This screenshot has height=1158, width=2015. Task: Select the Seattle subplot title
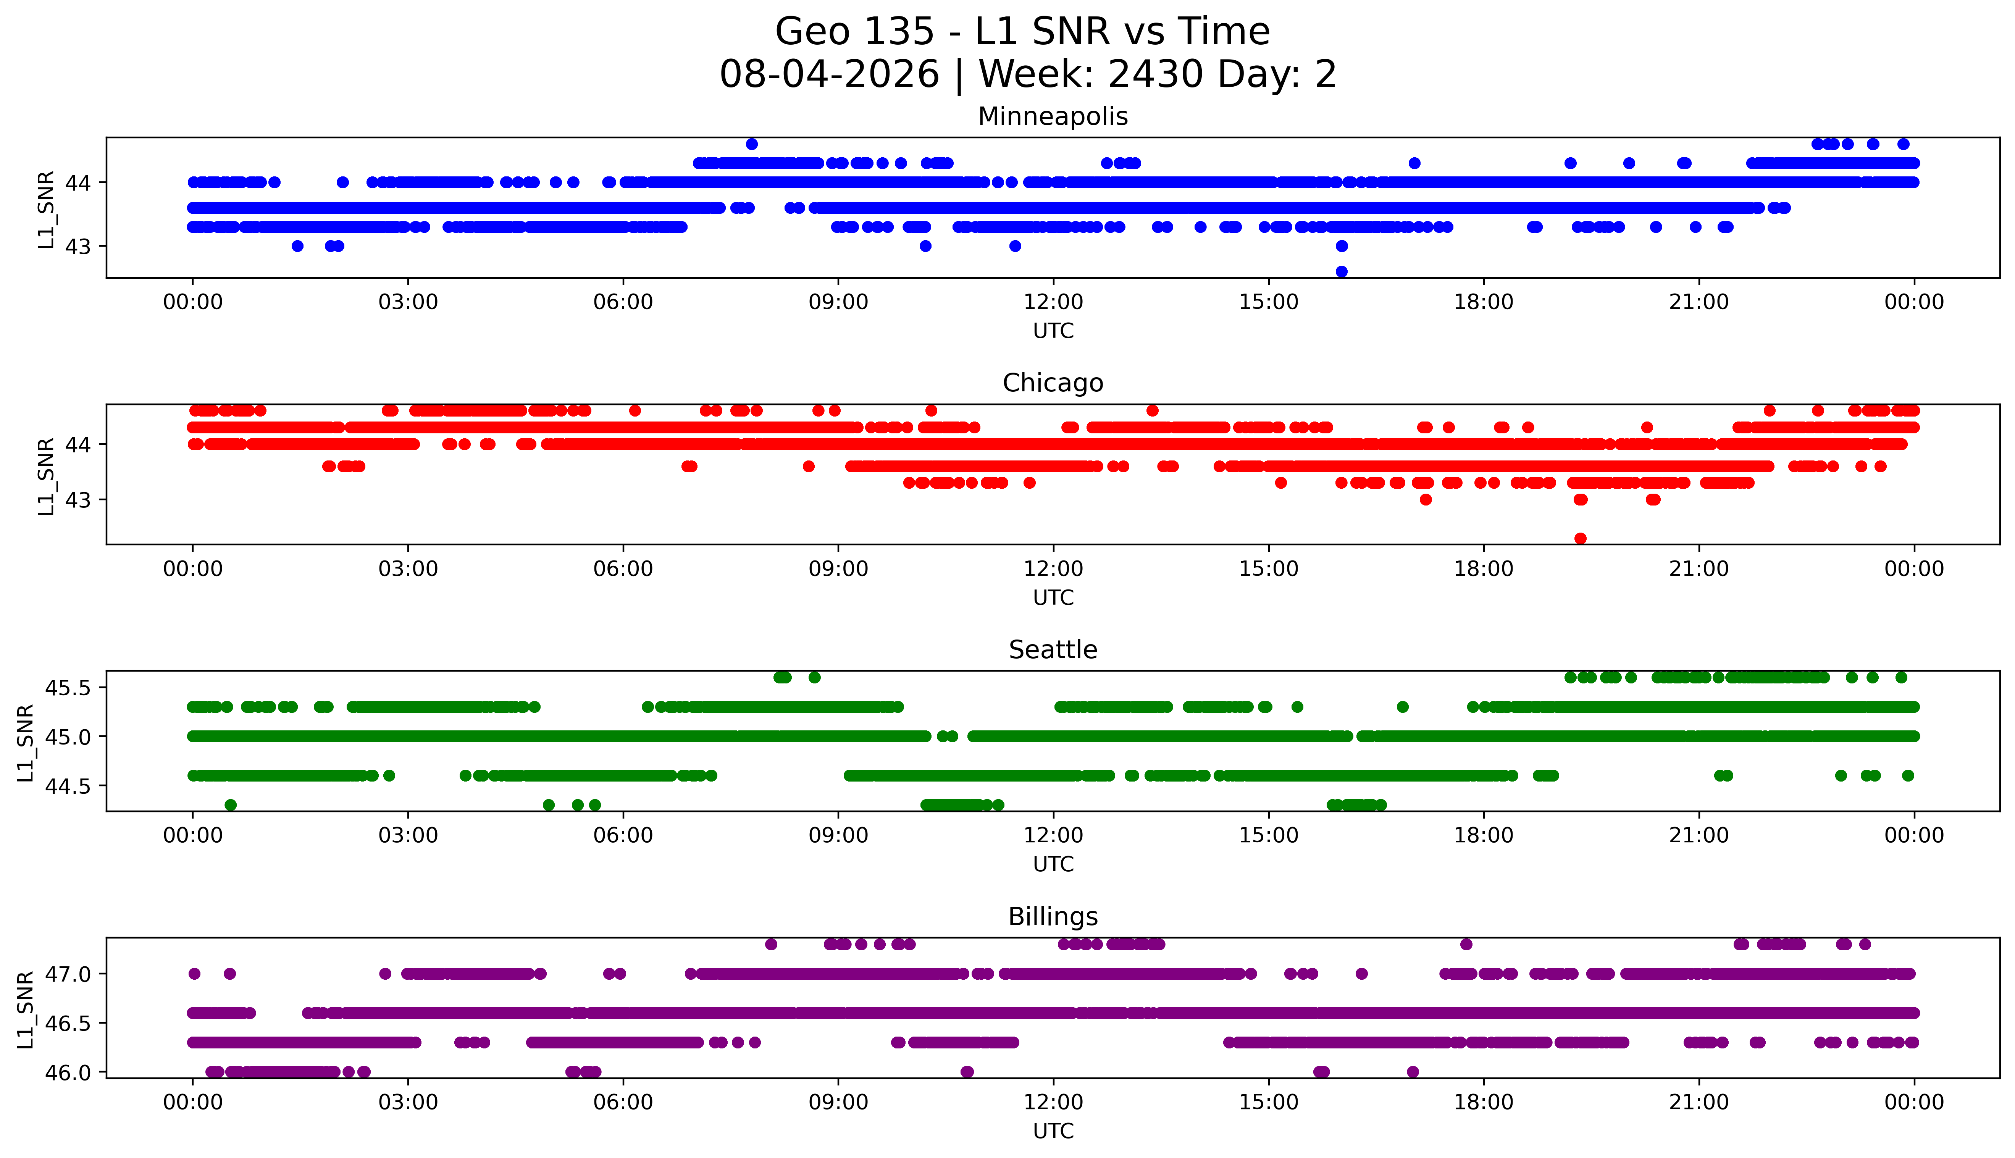point(1053,650)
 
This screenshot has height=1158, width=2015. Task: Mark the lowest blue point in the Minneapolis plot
point(1342,271)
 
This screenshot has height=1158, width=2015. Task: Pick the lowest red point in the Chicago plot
point(1580,538)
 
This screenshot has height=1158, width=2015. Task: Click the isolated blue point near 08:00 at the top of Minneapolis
point(751,144)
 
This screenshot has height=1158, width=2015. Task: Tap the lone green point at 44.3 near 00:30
point(231,805)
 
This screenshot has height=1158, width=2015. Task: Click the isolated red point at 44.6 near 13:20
point(1152,410)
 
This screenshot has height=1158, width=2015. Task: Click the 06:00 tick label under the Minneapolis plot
point(623,302)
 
